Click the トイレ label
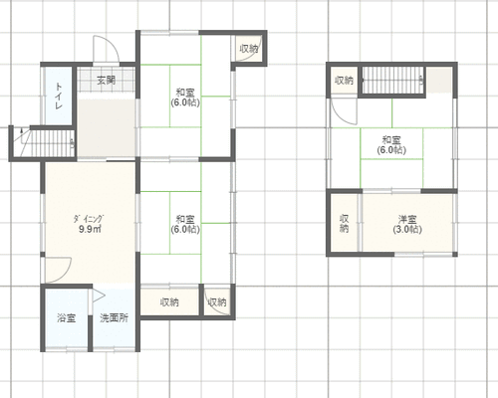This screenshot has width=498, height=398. coord(59,97)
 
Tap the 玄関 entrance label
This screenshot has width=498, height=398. coord(106,80)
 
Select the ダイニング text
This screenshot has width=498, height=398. coord(89,219)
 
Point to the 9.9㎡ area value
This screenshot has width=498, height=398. coord(90,229)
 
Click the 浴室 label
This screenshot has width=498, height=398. coord(67,318)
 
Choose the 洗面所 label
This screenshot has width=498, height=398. coord(115,318)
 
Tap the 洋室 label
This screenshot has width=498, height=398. coord(407,219)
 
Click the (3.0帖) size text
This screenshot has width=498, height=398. coord(407,230)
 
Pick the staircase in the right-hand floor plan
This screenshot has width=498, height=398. coord(392,81)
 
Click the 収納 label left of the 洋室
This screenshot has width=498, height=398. coord(345,223)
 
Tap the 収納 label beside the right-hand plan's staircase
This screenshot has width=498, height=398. coord(344,80)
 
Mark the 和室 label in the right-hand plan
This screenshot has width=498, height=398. coord(391,139)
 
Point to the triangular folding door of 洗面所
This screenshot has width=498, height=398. coord(99,296)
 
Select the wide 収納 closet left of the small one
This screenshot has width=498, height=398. coord(169,301)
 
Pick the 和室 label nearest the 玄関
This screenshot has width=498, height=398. coord(185,93)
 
